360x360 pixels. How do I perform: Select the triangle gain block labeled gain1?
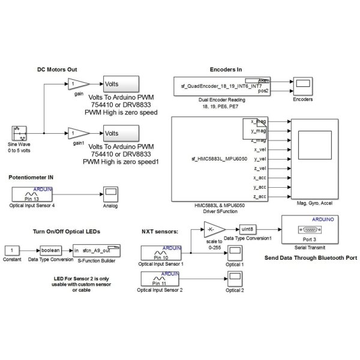pyautogui.click(x=77, y=132)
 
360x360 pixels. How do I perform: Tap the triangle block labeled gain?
pyautogui.click(x=77, y=83)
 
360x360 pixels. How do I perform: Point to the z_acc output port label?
pyautogui.click(x=259, y=196)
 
